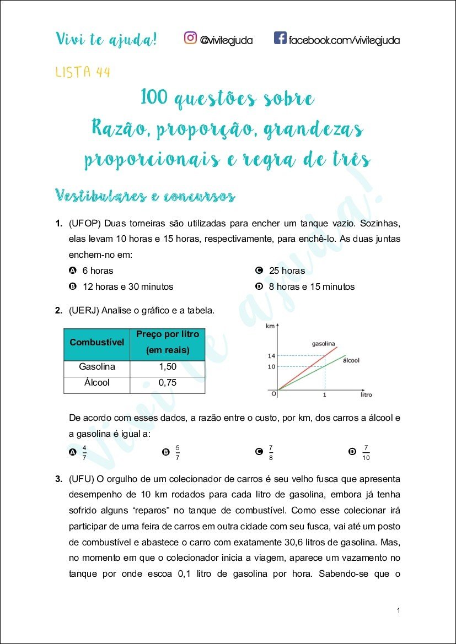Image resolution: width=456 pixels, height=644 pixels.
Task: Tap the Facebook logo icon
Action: (280, 38)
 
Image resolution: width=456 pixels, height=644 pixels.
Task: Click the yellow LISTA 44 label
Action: (83, 72)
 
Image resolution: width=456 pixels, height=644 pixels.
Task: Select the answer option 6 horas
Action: (98, 270)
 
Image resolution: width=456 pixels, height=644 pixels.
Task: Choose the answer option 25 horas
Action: (287, 270)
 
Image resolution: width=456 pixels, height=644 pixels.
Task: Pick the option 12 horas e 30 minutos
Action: (127, 286)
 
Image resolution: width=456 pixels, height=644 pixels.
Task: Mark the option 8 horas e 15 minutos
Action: (312, 286)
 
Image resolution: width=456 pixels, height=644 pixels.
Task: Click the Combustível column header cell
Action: (97, 342)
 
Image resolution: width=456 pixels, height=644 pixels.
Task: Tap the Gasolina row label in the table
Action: (97, 367)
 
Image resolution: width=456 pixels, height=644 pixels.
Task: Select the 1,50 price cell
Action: (167, 367)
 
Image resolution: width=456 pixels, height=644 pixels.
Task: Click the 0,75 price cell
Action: (167, 382)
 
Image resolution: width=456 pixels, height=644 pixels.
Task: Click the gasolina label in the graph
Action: (324, 343)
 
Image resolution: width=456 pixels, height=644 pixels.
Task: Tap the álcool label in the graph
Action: (351, 360)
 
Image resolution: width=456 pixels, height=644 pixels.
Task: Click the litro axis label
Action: (366, 395)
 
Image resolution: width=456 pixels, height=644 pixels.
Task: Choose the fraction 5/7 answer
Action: (178, 452)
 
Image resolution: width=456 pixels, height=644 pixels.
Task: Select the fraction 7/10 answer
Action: (366, 452)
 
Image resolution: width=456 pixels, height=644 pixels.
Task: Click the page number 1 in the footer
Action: (398, 610)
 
